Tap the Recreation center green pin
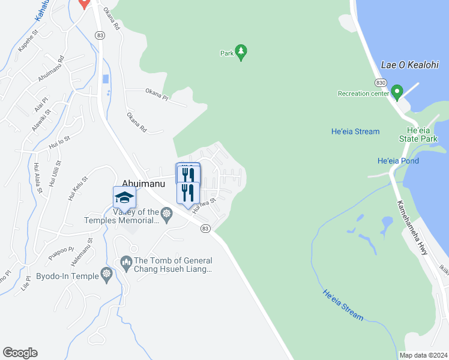point(396,92)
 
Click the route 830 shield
point(380,82)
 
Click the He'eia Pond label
point(398,161)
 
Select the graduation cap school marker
point(124,197)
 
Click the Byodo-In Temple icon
point(107,274)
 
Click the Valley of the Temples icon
point(167,212)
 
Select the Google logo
point(20,353)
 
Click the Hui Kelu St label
point(78,188)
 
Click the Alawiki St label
point(41,117)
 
